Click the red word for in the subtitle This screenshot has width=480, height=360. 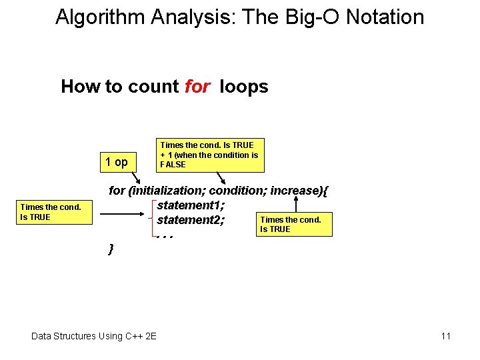197,87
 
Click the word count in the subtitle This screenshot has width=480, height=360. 155,87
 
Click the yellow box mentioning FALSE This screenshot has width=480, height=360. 210,155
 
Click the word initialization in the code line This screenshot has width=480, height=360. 166,191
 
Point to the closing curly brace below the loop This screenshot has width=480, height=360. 111,249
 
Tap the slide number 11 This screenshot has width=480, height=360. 445,336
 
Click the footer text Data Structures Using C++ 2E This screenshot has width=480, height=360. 94,336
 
